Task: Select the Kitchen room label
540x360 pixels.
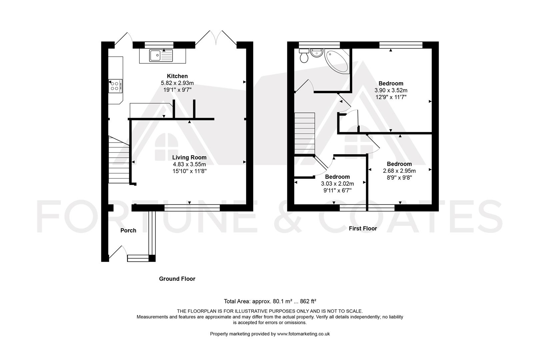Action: click(x=177, y=76)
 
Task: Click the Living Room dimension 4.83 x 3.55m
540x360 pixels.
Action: click(x=189, y=164)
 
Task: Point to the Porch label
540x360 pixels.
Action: click(x=128, y=230)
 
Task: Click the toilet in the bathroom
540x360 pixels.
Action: click(x=304, y=56)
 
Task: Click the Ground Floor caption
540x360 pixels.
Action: click(x=177, y=279)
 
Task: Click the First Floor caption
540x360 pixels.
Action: click(x=363, y=228)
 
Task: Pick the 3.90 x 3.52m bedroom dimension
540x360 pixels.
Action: click(x=391, y=90)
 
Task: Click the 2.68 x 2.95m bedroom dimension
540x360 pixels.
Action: click(x=399, y=171)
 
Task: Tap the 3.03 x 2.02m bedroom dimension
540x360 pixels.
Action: click(x=337, y=184)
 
